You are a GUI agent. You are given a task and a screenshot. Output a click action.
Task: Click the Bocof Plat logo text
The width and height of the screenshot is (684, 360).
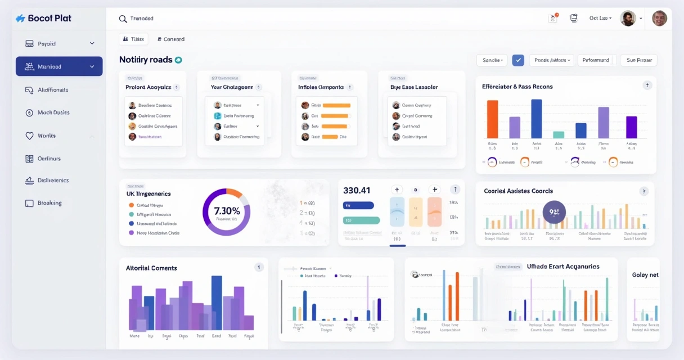49,18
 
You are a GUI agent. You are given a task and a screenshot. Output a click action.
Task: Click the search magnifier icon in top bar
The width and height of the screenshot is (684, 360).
123,19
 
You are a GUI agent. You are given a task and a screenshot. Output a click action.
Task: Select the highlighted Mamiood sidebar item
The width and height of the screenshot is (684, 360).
59,66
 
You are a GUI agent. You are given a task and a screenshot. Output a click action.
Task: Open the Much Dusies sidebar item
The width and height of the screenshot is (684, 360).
53,112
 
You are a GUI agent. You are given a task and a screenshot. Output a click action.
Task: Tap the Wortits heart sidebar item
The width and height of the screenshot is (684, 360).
46,136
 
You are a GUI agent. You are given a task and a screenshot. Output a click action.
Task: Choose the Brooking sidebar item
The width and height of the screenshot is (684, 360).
49,203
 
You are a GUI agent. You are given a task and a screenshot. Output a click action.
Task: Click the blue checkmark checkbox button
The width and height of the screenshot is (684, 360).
518,60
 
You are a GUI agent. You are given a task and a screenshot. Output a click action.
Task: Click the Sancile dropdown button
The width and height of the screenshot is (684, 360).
492,60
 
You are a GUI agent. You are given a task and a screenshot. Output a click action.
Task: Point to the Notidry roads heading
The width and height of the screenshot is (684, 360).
146,60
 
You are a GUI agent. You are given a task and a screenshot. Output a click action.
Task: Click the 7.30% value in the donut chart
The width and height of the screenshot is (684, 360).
227,211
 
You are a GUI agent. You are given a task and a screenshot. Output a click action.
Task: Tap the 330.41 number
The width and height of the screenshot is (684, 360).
357,190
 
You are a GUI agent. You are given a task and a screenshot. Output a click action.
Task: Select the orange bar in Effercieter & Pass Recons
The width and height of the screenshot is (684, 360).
492,119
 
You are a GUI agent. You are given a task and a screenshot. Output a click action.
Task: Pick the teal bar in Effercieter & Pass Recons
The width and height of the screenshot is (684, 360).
559,134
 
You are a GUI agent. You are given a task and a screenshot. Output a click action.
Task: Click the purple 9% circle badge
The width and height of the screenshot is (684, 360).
554,212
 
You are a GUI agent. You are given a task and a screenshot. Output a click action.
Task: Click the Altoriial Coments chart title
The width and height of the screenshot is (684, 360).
151,268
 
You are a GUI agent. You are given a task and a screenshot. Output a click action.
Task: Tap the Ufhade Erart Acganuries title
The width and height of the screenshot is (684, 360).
563,267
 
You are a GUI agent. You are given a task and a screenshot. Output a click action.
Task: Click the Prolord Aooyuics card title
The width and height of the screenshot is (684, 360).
148,87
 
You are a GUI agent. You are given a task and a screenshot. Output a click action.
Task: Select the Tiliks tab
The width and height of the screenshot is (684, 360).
134,39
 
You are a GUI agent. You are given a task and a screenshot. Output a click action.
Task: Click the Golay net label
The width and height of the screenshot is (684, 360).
645,275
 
